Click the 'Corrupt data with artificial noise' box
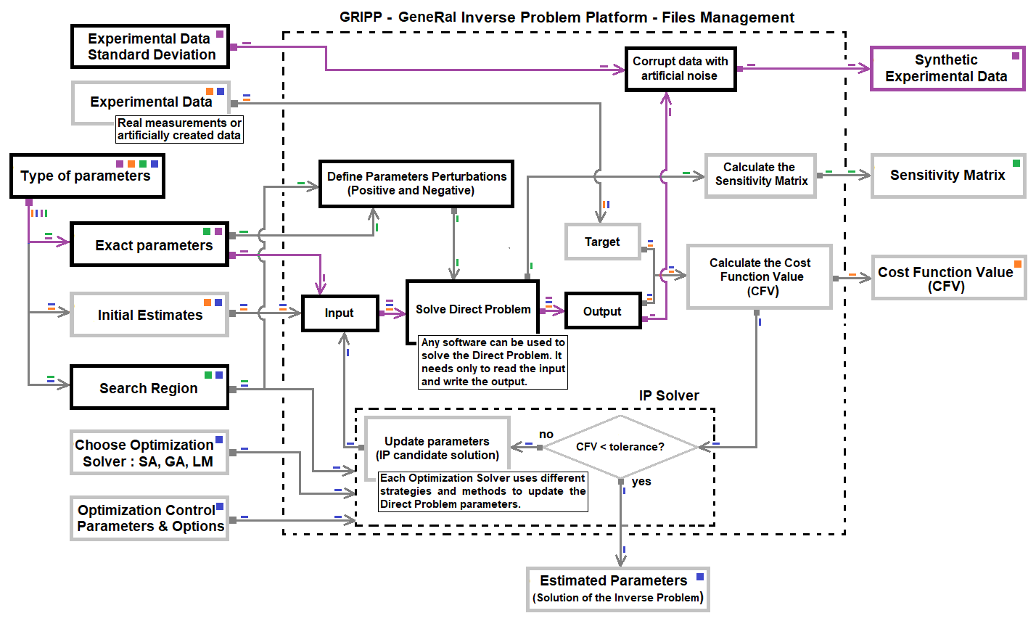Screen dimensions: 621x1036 pyautogui.click(x=681, y=69)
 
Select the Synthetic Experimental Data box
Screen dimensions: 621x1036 pyautogui.click(x=946, y=68)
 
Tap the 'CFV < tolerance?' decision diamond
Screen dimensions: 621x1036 pyautogui.click(x=620, y=447)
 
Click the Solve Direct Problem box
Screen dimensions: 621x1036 pyautogui.click(x=472, y=310)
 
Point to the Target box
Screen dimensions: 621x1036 pyautogui.click(x=602, y=242)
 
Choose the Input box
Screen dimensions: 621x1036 pyautogui.click(x=340, y=313)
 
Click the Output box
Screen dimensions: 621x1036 pyautogui.click(x=602, y=311)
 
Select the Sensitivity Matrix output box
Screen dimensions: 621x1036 pyautogui.click(x=947, y=175)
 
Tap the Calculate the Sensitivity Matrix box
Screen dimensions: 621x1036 pyautogui.click(x=760, y=175)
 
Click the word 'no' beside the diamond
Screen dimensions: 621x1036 pyautogui.click(x=546, y=434)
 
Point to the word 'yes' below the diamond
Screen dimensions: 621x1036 pyautogui.click(x=641, y=482)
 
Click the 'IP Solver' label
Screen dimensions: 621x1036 pyautogui.click(x=669, y=396)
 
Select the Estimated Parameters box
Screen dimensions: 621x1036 pyautogui.click(x=617, y=588)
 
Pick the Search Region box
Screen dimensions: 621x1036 pyautogui.click(x=149, y=388)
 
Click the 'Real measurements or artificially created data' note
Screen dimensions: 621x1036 pyautogui.click(x=179, y=129)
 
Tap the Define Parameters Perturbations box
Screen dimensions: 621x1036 pyautogui.click(x=416, y=184)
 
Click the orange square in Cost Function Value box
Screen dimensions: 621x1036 pyautogui.click(x=1018, y=264)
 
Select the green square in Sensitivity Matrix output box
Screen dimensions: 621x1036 pyautogui.click(x=1016, y=163)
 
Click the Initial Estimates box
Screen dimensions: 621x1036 pyautogui.click(x=149, y=315)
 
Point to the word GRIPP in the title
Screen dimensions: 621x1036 pyautogui.click(x=361, y=17)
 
